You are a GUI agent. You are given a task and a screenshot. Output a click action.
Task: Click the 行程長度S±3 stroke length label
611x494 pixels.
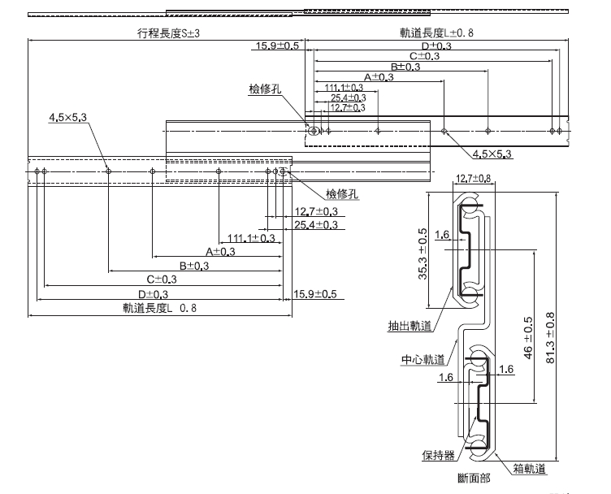tap(169, 33)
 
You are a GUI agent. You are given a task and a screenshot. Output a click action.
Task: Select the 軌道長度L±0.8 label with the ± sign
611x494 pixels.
tap(436, 33)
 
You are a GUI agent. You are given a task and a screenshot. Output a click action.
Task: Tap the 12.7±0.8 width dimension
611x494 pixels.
tap(472, 179)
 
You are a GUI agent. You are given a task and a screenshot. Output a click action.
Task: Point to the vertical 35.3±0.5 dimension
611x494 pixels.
tap(422, 253)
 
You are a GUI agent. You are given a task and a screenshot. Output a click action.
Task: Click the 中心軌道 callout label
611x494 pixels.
tap(423, 359)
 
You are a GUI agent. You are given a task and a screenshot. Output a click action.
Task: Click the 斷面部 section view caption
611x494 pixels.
tap(474, 479)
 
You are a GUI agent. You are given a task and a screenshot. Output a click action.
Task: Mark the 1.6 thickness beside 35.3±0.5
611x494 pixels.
tap(441, 235)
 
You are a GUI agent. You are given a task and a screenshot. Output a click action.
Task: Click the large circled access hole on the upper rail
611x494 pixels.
tap(313, 130)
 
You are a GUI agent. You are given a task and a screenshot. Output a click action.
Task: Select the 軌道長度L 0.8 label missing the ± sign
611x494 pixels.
tap(159, 308)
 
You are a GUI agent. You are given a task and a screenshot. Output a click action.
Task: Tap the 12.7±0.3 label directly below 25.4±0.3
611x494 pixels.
tap(348, 107)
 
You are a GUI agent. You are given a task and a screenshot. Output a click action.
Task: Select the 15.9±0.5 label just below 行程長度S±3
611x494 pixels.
tap(278, 46)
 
